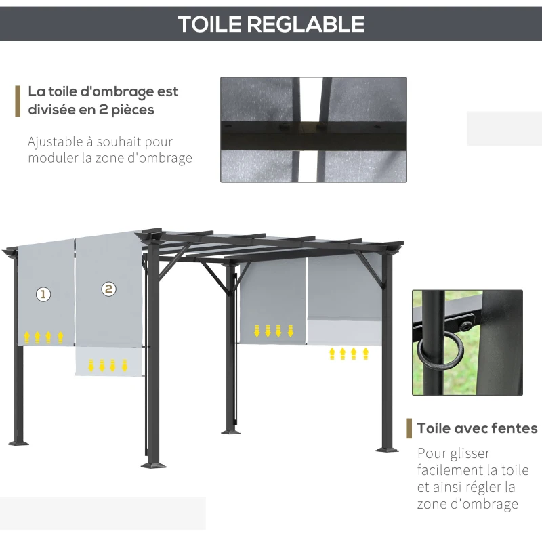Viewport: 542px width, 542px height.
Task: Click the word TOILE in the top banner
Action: (210, 24)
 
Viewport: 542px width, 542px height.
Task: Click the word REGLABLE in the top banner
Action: (306, 24)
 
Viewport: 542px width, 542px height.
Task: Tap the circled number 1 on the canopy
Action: (43, 294)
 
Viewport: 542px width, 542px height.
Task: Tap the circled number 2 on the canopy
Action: (108, 289)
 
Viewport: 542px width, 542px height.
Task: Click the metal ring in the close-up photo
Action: (434, 352)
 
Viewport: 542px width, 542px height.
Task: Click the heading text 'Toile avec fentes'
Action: (477, 428)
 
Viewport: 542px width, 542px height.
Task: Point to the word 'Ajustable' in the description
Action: (58, 142)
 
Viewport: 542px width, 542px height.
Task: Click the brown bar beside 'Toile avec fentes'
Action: (409, 428)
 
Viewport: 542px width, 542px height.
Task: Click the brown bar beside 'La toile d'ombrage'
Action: (18, 100)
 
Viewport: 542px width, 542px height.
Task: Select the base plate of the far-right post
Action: (388, 448)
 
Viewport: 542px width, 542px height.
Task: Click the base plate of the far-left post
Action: (18, 442)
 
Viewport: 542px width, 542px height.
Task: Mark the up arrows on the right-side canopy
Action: (349, 353)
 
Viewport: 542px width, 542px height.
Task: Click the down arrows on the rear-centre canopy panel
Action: (274, 331)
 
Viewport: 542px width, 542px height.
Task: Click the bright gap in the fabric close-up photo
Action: (311, 129)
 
